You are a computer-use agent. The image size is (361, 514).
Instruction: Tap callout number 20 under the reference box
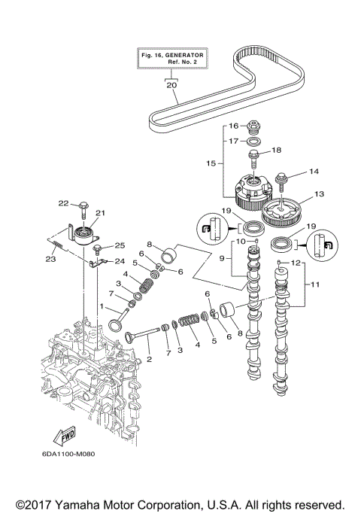[x=172, y=85]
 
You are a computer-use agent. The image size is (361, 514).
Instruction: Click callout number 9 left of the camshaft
[x=222, y=258]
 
